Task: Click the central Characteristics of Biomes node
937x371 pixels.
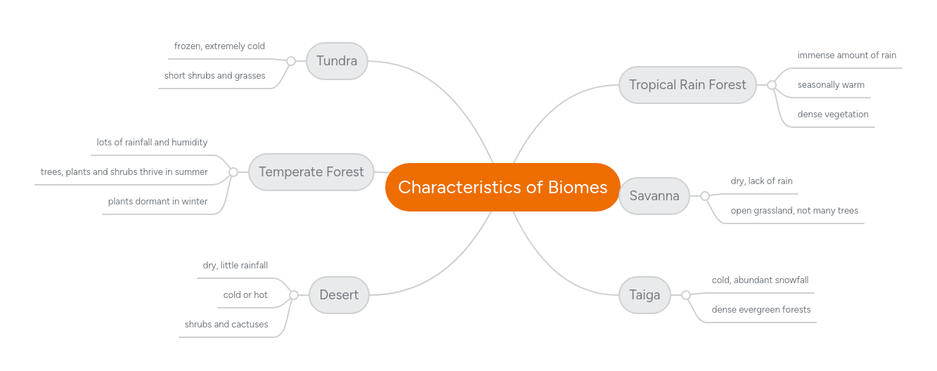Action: (503, 187)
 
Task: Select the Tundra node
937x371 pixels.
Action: (337, 61)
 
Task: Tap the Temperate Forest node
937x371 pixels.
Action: (311, 172)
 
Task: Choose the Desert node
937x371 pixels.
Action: (339, 295)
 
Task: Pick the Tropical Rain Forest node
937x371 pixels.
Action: (687, 85)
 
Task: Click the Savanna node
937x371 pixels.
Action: (654, 196)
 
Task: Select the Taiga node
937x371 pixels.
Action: (644, 295)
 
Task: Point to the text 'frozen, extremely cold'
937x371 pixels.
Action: (219, 46)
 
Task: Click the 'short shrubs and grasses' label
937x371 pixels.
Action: (214, 76)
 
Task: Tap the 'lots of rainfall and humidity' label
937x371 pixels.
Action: (152, 143)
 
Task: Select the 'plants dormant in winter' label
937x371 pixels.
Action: (157, 202)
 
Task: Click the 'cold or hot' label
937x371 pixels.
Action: (245, 295)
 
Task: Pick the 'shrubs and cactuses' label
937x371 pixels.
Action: (226, 325)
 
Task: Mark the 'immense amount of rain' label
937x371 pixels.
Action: (846, 56)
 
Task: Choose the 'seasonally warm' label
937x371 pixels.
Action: (830, 85)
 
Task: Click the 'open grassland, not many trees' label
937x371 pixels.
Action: (794, 211)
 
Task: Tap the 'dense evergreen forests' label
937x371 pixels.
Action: (761, 310)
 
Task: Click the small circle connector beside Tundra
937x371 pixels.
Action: (291, 61)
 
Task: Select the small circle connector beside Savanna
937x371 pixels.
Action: (704, 196)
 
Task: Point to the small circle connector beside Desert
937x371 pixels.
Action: (294, 295)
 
